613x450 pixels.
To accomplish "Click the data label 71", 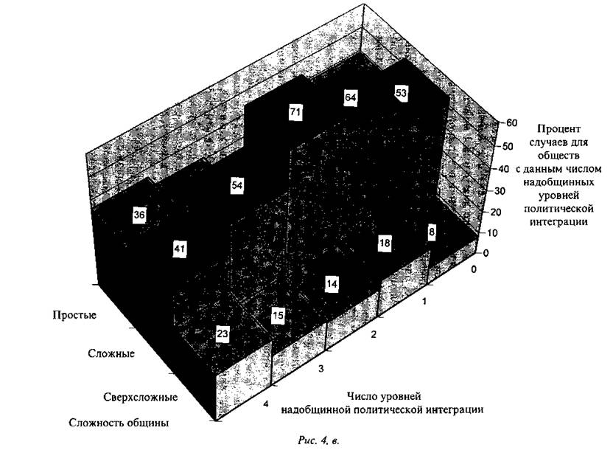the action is point(295,112).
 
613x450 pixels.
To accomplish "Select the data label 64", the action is point(350,97).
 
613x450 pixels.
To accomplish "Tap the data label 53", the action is point(401,93).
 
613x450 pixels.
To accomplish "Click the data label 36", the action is point(139,215).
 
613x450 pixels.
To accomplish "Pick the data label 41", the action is point(180,249).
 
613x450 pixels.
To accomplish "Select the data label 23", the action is point(223,334).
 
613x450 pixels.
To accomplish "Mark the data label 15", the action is point(278,316).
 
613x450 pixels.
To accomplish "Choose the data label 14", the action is point(332,284).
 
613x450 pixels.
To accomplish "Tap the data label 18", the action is point(385,243).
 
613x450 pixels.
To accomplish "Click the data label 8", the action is point(432,232).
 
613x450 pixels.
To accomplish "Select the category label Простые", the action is point(74,316).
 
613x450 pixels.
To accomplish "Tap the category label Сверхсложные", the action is point(140,398).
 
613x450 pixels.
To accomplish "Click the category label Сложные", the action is point(111,354).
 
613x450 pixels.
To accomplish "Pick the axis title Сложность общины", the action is point(119,423).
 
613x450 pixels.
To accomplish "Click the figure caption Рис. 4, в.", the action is point(318,440).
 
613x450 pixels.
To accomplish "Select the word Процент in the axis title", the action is point(559,129).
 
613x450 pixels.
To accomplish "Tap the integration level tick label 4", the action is point(266,404).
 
